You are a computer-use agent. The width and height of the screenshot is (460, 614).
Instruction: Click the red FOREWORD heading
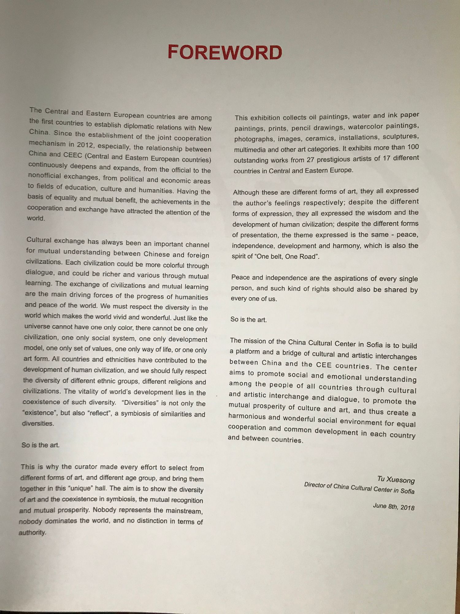[x=225, y=52]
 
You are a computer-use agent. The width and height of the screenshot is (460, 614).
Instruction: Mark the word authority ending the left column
[x=32, y=532]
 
